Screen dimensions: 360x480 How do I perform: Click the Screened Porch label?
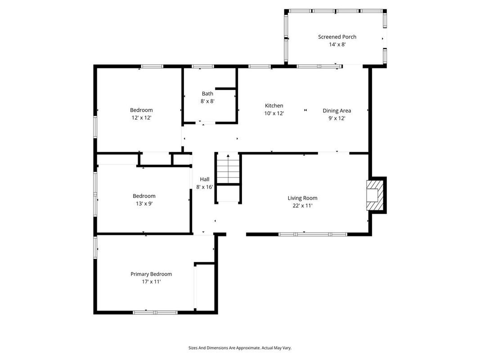(337, 37)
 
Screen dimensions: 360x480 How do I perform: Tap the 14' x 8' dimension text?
(337, 45)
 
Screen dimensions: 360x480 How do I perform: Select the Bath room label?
(207, 94)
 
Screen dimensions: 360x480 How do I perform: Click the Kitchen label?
(274, 106)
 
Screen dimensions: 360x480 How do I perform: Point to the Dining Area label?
(336, 111)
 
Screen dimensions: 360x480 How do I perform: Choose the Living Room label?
(302, 198)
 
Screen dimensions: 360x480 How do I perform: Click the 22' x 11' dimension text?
(302, 206)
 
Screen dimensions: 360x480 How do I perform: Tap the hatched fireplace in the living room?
(375, 195)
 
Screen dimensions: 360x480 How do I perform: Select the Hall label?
(204, 179)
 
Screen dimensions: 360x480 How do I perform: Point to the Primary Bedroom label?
(151, 274)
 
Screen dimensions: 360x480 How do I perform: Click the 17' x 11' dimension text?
(151, 282)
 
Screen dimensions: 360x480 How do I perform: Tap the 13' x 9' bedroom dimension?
(144, 203)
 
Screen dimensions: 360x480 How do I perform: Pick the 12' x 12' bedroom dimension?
(141, 117)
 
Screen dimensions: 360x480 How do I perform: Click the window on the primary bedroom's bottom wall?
(155, 312)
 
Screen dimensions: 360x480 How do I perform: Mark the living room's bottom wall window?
(313, 234)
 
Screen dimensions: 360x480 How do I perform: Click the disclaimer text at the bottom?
(240, 348)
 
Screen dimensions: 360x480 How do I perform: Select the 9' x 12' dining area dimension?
(336, 118)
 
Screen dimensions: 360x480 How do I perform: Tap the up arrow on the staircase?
(228, 157)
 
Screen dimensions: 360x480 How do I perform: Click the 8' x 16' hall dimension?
(204, 187)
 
